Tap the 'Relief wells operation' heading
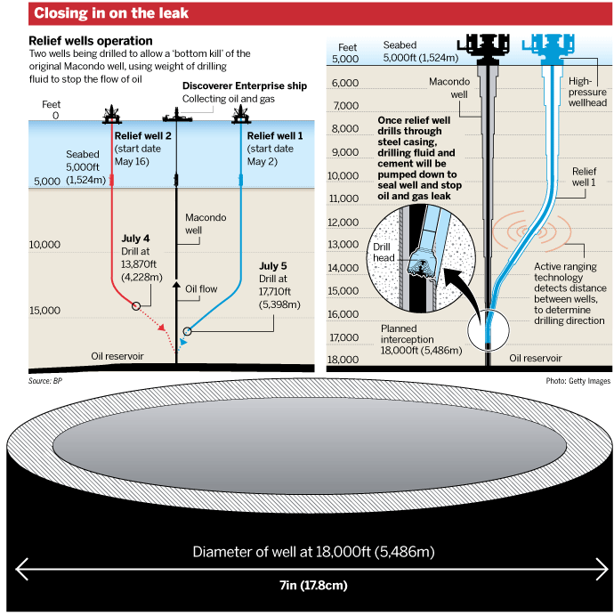click(x=91, y=41)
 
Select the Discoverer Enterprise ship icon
click(x=175, y=118)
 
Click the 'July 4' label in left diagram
click(x=135, y=239)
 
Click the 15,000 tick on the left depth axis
click(x=44, y=311)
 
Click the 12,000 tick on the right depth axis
click(x=343, y=222)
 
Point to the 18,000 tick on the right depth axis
click(x=343, y=360)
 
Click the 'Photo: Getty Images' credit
click(x=579, y=380)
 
